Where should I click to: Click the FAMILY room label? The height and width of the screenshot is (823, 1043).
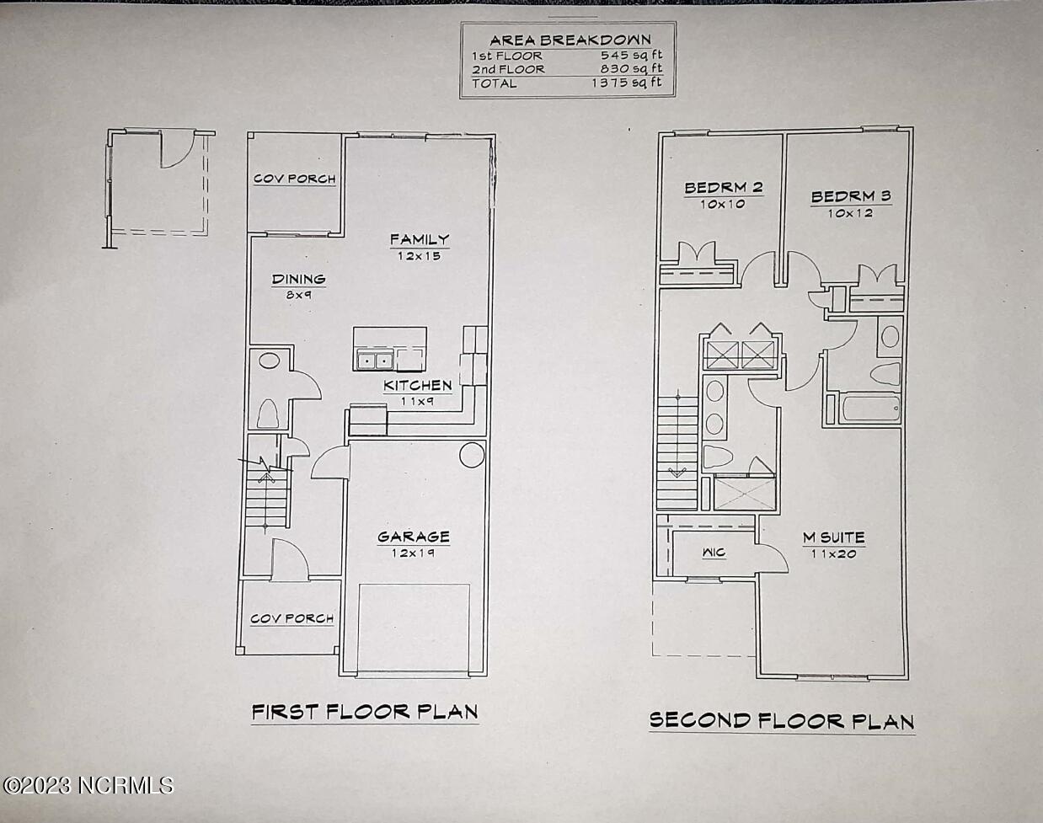[x=419, y=239]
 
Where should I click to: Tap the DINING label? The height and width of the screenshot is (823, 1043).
[x=298, y=279]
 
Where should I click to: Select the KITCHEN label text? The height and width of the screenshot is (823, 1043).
[x=417, y=385]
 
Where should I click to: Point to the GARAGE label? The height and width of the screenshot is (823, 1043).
[x=413, y=537]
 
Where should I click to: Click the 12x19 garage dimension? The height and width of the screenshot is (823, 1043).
[x=413, y=553]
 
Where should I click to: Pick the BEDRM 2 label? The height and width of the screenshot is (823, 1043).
[x=723, y=187]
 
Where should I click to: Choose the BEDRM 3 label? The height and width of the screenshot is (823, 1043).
[x=850, y=196]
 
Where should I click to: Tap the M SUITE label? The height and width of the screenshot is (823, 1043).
[x=833, y=537]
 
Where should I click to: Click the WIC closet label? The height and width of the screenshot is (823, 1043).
[x=714, y=553]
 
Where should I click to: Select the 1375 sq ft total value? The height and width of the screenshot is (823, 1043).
[x=626, y=83]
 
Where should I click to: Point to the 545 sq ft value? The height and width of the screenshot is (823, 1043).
[x=631, y=56]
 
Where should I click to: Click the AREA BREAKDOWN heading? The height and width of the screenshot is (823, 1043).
[x=570, y=40]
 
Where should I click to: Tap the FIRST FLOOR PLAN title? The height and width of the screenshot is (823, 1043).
[x=365, y=712]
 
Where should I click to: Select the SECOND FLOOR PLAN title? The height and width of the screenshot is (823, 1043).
[x=781, y=721]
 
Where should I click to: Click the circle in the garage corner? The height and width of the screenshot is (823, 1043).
[x=472, y=456]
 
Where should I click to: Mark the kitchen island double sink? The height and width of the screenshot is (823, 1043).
[x=375, y=361]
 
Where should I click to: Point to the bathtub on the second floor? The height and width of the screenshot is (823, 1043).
[x=869, y=409]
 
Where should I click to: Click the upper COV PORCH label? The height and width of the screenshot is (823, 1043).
[x=294, y=179]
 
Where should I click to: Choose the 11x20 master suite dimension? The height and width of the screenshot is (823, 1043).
[x=833, y=553]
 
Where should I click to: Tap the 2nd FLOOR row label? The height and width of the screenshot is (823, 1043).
[x=508, y=69]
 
